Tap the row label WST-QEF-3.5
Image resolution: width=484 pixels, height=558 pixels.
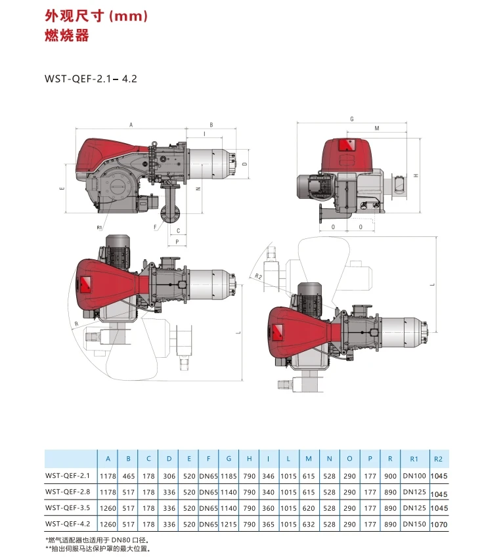click(x=68, y=507)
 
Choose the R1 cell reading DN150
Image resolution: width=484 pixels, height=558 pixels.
click(x=414, y=523)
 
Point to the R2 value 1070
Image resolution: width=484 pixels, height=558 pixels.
click(x=439, y=525)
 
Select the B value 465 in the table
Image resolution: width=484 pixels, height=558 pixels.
click(x=129, y=475)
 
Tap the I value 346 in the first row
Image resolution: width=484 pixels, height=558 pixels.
click(x=269, y=475)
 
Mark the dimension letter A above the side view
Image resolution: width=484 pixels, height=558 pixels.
click(x=131, y=124)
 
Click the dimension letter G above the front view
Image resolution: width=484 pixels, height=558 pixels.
click(x=352, y=119)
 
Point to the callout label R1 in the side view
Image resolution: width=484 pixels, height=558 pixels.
click(x=98, y=227)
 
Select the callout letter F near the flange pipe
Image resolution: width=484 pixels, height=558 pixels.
click(x=155, y=226)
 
